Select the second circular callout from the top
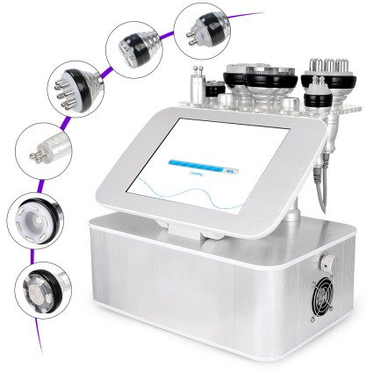(x=132, y=43)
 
